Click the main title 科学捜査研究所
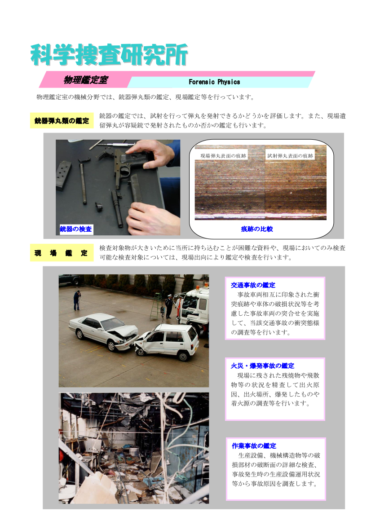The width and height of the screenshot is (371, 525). tap(109, 55)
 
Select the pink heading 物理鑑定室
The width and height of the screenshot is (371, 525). tap(85, 80)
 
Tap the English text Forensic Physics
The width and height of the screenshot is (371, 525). tap(214, 82)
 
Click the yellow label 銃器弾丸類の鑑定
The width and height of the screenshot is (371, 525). tap(62, 121)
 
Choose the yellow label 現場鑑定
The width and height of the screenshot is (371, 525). tap(62, 253)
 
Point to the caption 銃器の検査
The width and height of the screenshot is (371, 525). tap(76, 229)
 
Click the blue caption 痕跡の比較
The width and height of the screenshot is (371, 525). tap(257, 229)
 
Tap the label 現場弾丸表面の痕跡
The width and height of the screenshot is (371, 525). tap(223, 156)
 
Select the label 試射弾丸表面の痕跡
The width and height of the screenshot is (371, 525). tap(290, 156)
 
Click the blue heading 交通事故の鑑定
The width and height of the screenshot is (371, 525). tap(253, 285)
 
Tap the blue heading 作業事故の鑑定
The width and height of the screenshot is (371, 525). tap(254, 446)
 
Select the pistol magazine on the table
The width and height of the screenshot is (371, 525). tap(63, 175)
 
